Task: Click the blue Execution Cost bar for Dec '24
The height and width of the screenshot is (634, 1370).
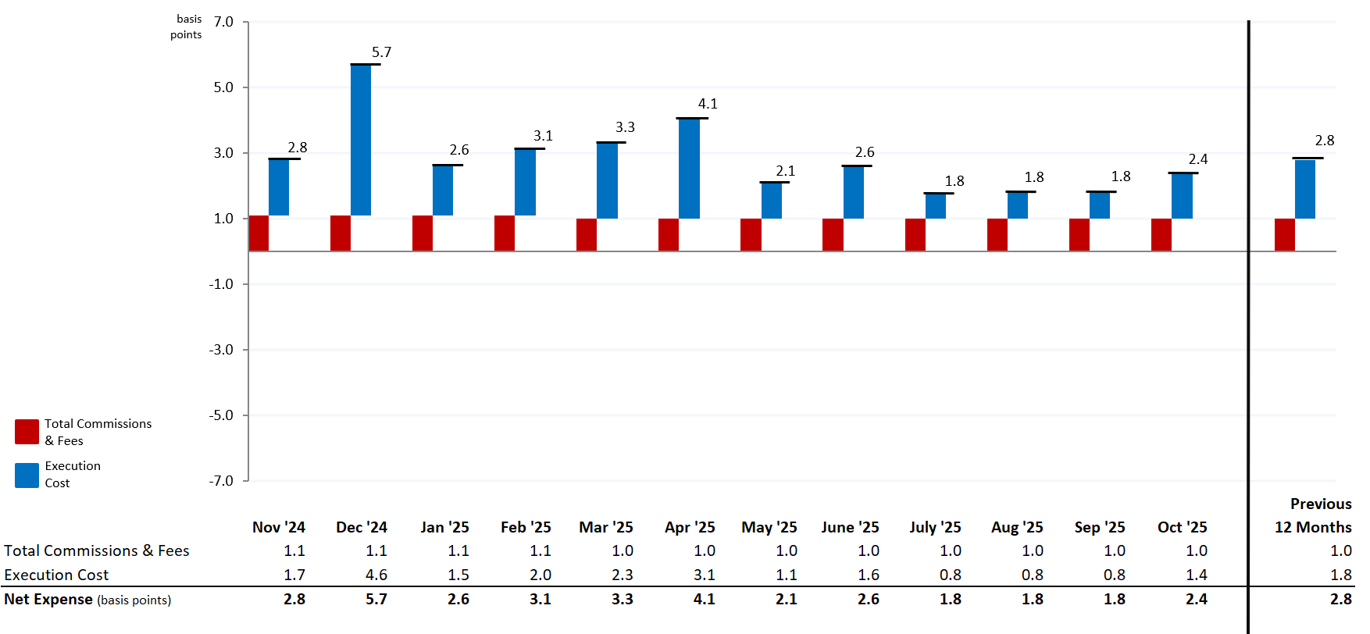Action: [x=361, y=141]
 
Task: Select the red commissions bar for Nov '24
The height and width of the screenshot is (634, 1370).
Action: [x=259, y=233]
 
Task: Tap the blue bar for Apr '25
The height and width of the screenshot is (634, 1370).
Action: [x=689, y=169]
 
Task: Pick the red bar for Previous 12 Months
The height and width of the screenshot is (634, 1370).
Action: [x=1284, y=235]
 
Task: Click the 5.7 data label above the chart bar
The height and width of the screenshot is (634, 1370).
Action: [x=381, y=52]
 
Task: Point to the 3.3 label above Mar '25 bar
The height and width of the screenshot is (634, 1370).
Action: [x=625, y=127]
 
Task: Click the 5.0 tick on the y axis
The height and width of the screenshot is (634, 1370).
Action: [x=223, y=87]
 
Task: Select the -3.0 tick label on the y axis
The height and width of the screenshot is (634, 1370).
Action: [x=221, y=350]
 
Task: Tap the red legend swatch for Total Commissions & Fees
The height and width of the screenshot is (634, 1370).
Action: [x=27, y=432]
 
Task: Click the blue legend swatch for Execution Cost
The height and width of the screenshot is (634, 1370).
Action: [x=27, y=475]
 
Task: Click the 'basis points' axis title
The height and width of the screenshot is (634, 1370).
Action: [x=187, y=27]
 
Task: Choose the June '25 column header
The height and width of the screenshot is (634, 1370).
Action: [x=850, y=527]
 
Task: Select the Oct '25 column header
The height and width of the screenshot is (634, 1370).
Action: [x=1182, y=527]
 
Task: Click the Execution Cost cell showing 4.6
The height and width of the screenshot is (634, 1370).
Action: [x=376, y=575]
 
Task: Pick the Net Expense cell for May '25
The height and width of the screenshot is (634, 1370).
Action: [x=786, y=600]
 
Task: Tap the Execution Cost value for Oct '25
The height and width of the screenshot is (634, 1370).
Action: [x=1196, y=575]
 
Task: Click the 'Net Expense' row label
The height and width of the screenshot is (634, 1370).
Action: [x=48, y=600]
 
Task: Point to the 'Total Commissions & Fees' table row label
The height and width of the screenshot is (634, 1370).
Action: [x=97, y=551]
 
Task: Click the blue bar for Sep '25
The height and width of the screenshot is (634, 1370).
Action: [x=1099, y=205]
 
